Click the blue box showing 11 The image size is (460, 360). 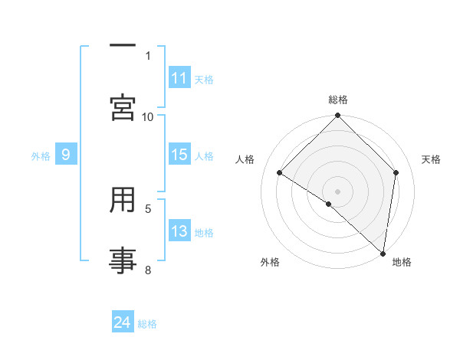coord(179,78)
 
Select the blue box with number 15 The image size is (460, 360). coord(179,155)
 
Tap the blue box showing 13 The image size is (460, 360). coord(179,231)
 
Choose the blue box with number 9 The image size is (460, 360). coord(66,155)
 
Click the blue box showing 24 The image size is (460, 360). coord(123,322)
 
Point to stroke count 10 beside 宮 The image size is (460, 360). coord(148,116)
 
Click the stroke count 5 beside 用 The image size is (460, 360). coord(148,208)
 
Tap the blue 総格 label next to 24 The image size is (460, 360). coord(147,324)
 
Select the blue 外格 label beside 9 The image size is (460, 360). coord(41,156)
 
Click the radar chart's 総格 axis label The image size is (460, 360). coord(338,100)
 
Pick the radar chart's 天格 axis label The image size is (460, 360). coord(431,159)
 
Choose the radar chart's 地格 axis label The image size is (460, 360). coord(402,262)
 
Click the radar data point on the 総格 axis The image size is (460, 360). coord(338,116)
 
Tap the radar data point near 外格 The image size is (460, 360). coord(329,204)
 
